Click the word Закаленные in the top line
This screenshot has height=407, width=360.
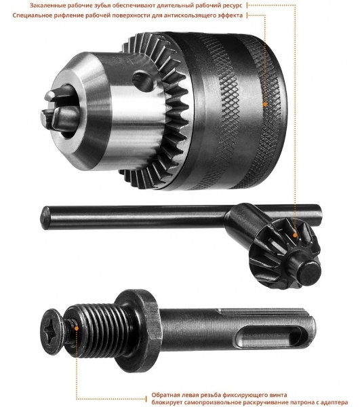(45, 5)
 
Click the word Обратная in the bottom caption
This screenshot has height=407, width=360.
(164, 395)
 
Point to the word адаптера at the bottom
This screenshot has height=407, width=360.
(336, 402)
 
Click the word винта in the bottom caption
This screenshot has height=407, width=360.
(279, 395)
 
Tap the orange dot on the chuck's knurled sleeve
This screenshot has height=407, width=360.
(265, 104)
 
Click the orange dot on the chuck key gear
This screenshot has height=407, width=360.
(295, 235)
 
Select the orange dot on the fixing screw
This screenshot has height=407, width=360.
(77, 328)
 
